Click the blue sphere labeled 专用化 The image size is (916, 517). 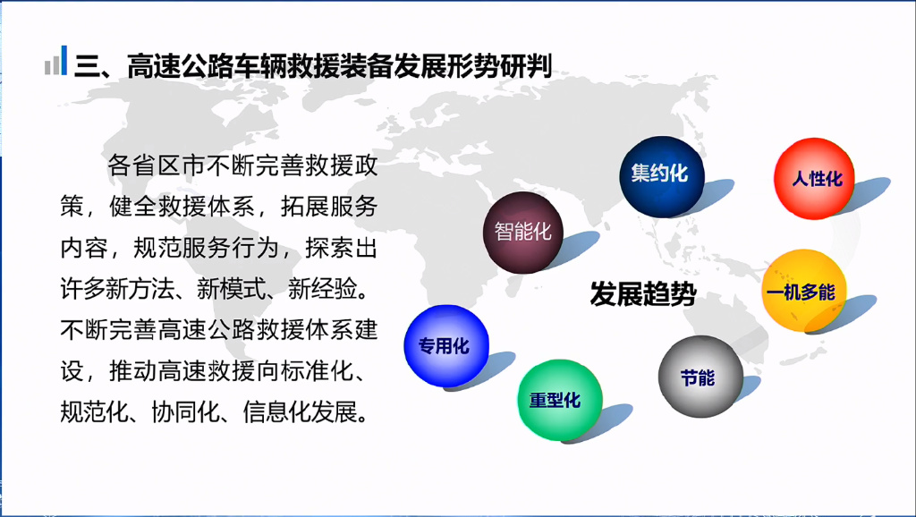pyautogui.click(x=446, y=346)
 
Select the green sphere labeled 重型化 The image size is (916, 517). pyautogui.click(x=560, y=400)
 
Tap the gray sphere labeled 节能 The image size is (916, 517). pyautogui.click(x=700, y=377)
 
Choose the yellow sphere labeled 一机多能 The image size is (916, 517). pyautogui.click(x=804, y=291)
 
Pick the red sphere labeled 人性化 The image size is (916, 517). pyautogui.click(x=814, y=178)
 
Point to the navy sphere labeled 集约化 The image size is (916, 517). pyautogui.click(x=662, y=176)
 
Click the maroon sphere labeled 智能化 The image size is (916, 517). pyautogui.click(x=522, y=232)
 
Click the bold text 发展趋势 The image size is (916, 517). pyautogui.click(x=643, y=293)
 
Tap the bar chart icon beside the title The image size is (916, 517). pyautogui.click(x=56, y=60)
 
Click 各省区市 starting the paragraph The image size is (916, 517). pyautogui.click(x=156, y=165)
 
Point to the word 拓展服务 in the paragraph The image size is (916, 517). pyautogui.click(x=329, y=207)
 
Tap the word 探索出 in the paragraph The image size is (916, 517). pyautogui.click(x=341, y=248)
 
